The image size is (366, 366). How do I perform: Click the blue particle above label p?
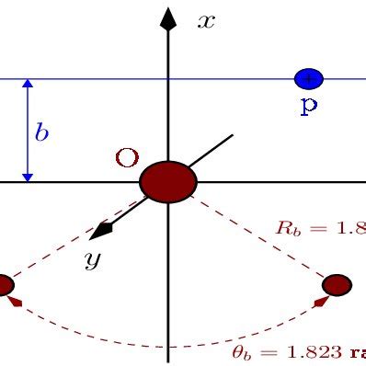click(308, 79)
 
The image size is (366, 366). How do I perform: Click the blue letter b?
click(41, 132)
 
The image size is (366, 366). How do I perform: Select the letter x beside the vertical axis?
click(206, 20)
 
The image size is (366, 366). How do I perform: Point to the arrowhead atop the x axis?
click(167, 19)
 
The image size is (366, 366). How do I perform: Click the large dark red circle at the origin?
click(168, 181)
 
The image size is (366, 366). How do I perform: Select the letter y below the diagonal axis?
click(92, 259)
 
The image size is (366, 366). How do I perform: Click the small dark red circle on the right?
click(337, 284)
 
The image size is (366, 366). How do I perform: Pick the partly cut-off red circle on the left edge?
click(5, 285)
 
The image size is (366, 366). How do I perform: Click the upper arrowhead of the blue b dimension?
click(28, 86)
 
